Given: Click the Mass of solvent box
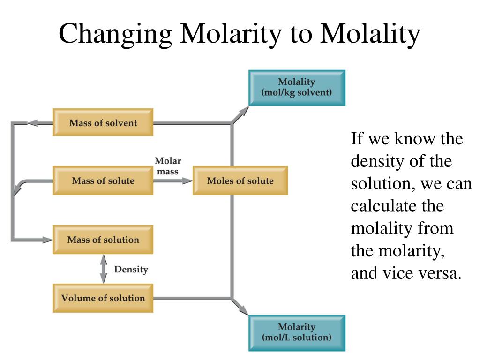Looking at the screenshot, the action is (103, 123).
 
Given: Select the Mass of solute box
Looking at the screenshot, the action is (103, 181).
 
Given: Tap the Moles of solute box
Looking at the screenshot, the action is (240, 181).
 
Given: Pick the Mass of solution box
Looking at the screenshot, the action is (103, 240).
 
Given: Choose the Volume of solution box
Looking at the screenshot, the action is (103, 298).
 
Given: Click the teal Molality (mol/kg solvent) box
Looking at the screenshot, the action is (297, 88).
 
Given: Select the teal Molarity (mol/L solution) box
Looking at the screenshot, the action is (297, 332).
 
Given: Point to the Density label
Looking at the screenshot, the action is (131, 270).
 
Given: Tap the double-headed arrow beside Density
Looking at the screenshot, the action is (104, 269).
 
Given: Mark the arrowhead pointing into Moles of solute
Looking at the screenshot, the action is (187, 181).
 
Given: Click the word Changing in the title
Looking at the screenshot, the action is (116, 35).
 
